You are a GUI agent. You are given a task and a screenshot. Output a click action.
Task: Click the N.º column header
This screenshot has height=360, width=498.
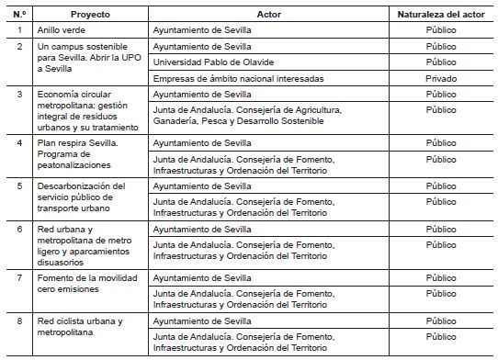click(x=18, y=15)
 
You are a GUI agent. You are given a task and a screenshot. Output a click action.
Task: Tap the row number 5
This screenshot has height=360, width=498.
click(x=18, y=186)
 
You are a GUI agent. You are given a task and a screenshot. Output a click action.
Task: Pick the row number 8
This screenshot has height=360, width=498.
click(x=18, y=321)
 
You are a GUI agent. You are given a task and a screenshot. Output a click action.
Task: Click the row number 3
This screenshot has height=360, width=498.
click(x=18, y=95)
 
